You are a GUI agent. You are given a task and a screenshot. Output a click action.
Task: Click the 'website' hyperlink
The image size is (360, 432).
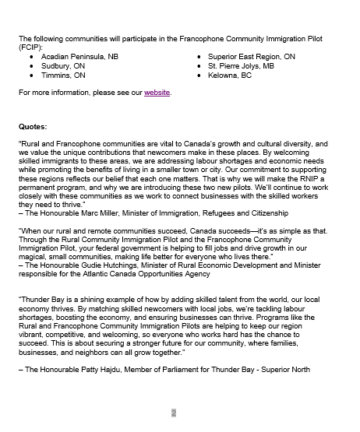(x=156, y=93)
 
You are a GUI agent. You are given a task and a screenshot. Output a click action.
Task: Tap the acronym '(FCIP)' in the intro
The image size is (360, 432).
(x=30, y=47)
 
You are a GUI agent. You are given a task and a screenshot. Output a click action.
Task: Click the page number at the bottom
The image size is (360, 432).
(x=175, y=413)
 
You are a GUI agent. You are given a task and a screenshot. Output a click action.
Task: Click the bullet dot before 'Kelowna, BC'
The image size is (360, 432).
(x=199, y=76)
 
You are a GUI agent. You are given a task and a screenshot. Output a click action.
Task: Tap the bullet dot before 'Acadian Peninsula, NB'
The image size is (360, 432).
(x=31, y=57)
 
